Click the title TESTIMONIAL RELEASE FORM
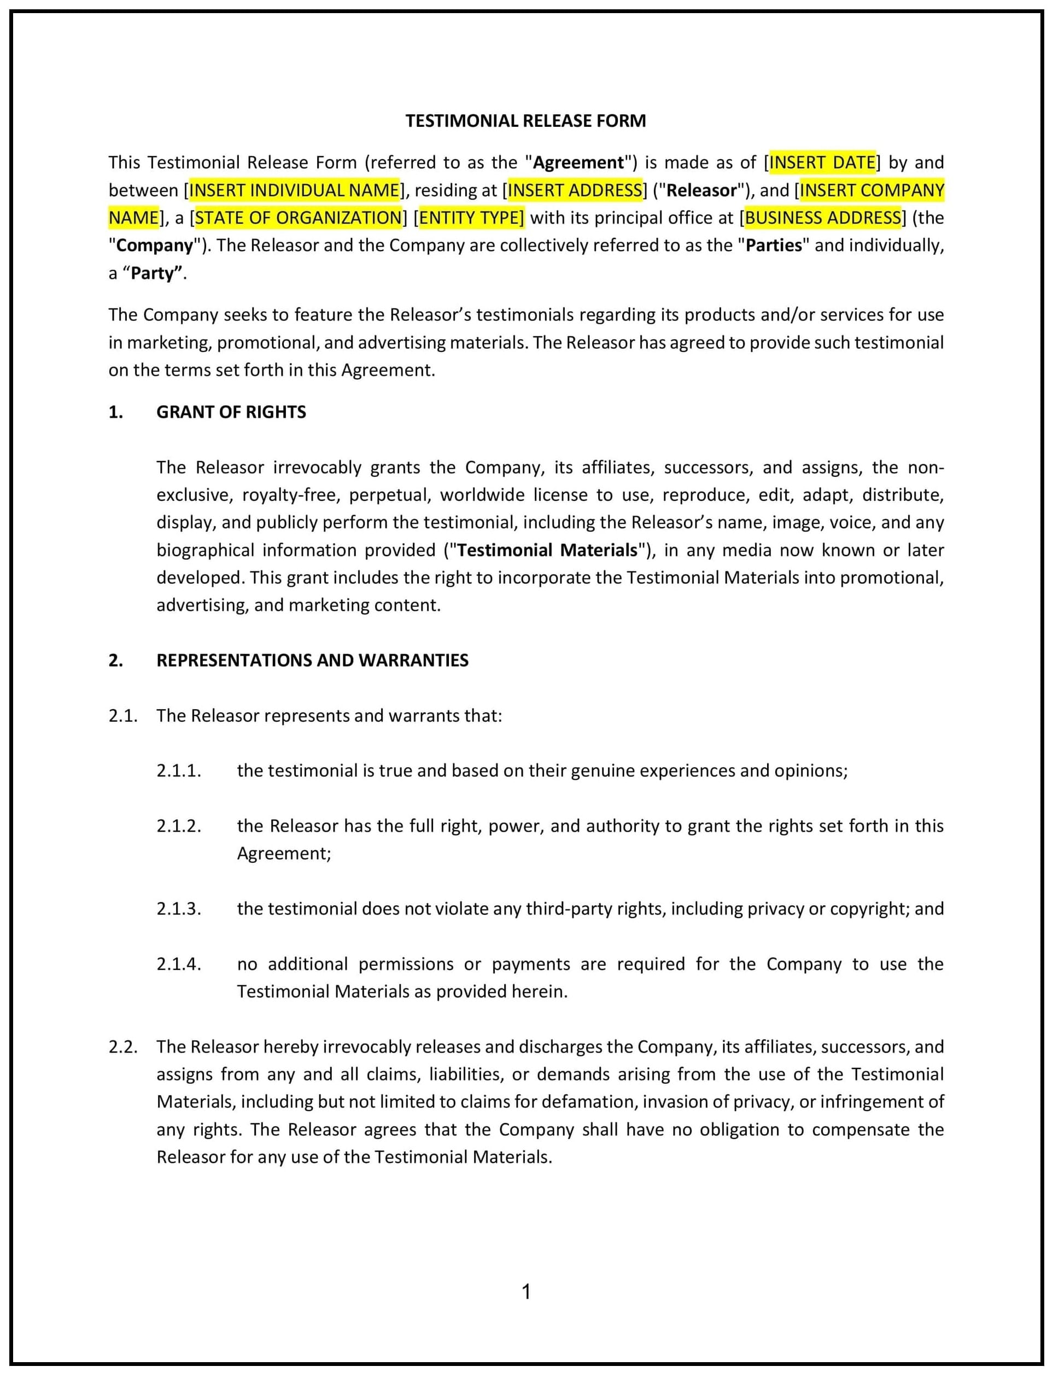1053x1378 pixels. pyautogui.click(x=525, y=121)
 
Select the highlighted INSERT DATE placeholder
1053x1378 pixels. pyautogui.click(x=822, y=162)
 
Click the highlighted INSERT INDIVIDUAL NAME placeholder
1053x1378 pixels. pyautogui.click(x=294, y=190)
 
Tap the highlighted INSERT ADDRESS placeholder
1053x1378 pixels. pyautogui.click(x=575, y=190)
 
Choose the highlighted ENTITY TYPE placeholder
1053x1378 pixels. pyautogui.click(x=471, y=218)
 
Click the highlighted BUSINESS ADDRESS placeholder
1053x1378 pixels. pyautogui.click(x=822, y=218)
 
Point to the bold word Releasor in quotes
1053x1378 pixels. pyautogui.click(x=701, y=190)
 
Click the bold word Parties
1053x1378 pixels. pyautogui.click(x=774, y=245)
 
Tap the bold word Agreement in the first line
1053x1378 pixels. pyautogui.click(x=578, y=162)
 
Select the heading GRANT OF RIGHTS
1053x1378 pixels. pyautogui.click(x=231, y=412)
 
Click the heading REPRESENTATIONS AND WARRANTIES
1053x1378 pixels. pyautogui.click(x=312, y=660)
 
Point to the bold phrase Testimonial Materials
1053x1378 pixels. pyautogui.click(x=547, y=550)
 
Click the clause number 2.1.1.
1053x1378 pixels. pyautogui.click(x=179, y=770)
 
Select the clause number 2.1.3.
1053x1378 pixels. pyautogui.click(x=179, y=908)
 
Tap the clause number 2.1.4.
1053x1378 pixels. pyautogui.click(x=179, y=964)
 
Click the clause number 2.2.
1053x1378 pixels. pyautogui.click(x=123, y=1047)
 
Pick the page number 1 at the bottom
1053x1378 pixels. pyautogui.click(x=526, y=1292)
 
